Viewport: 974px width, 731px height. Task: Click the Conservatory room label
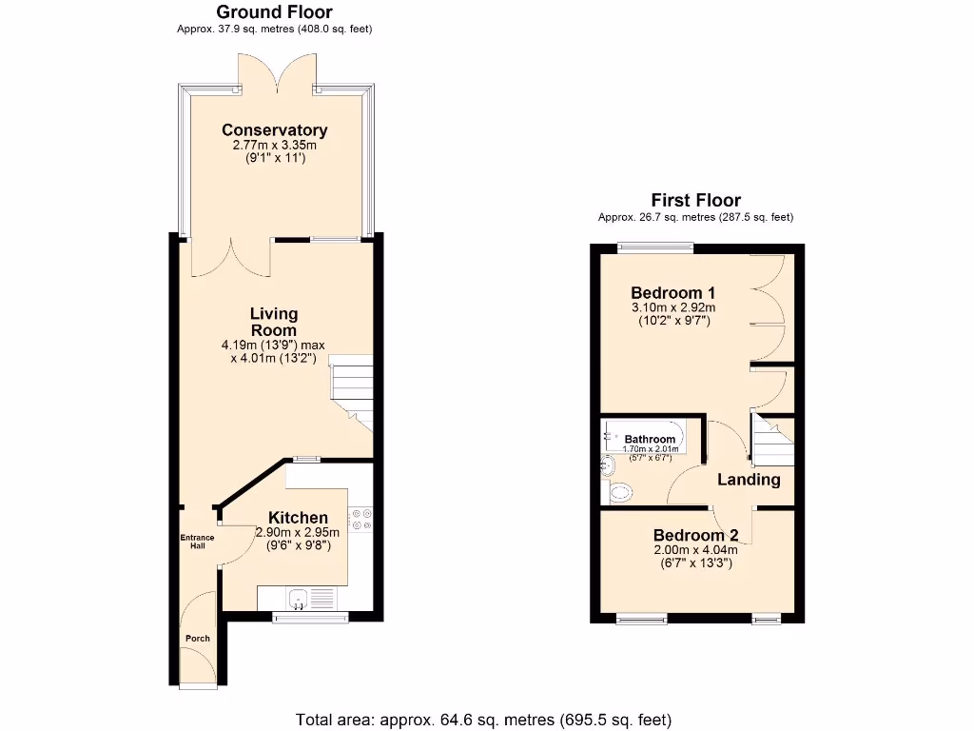(274, 130)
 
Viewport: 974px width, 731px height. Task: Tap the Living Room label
(274, 322)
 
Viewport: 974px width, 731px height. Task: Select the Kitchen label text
(298, 518)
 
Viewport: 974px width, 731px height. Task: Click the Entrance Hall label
(198, 541)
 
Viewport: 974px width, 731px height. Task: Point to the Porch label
(197, 638)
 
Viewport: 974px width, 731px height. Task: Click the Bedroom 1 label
(673, 292)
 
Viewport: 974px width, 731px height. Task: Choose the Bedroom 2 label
(695, 535)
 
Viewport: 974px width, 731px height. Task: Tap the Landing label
(749, 480)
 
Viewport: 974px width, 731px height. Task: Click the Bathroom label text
(650, 440)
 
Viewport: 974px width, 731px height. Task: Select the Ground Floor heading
(274, 12)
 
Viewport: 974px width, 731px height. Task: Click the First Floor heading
(695, 200)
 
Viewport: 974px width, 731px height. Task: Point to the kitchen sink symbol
(299, 599)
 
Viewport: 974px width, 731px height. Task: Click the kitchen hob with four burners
(361, 520)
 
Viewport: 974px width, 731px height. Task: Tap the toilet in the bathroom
(619, 492)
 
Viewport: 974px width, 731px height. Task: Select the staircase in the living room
(350, 388)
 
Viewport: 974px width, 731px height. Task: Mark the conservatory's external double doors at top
(274, 71)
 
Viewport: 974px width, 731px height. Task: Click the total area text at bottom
(484, 719)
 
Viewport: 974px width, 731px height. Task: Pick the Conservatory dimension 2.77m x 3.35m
(274, 146)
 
